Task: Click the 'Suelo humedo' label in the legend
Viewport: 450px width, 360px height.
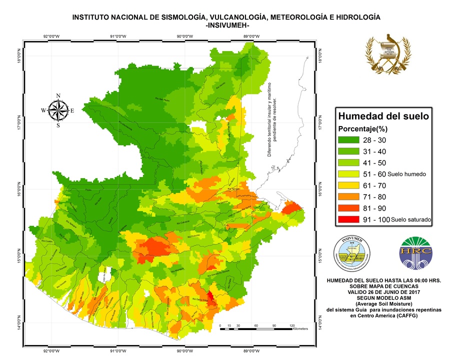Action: point(406,174)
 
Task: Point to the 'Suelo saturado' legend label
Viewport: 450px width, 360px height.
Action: point(411,219)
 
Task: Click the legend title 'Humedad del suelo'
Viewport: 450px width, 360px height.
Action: point(383,116)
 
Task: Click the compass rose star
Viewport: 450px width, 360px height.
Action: point(58,110)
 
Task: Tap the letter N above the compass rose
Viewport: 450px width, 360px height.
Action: point(58,96)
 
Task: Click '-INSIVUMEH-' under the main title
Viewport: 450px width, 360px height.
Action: point(226,25)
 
